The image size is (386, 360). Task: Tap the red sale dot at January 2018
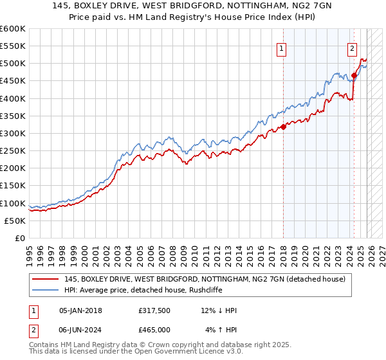point(284,127)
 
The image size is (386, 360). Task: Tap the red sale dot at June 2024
point(354,76)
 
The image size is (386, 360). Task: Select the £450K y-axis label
point(13,81)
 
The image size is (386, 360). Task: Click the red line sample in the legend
point(46,279)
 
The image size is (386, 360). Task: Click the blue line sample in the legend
point(46,290)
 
